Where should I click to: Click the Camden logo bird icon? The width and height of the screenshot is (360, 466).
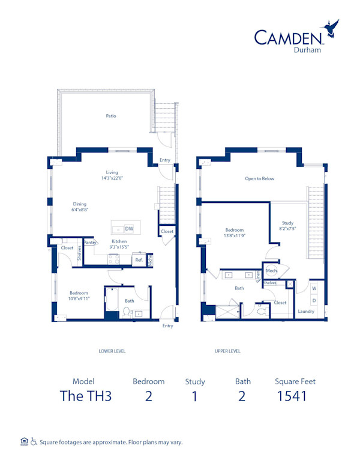point(331,28)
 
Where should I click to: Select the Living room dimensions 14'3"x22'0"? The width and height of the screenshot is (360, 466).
point(112,178)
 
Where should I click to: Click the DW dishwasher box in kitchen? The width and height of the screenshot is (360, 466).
point(129,229)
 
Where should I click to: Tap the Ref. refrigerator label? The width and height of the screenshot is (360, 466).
point(139,260)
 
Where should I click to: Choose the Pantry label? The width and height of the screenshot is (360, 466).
point(91,243)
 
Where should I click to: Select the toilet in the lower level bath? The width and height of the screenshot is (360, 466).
point(127,311)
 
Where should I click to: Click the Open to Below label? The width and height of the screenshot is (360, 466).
point(260,178)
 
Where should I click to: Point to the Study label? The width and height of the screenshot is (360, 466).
point(288,223)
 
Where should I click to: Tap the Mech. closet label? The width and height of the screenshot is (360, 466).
point(271,271)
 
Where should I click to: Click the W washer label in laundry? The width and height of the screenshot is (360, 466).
point(314,289)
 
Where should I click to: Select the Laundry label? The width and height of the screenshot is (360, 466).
point(306,312)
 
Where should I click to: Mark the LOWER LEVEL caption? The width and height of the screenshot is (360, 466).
point(112,351)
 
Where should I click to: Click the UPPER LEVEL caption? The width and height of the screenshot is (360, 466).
point(227,351)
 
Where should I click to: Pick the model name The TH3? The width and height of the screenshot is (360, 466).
point(86,395)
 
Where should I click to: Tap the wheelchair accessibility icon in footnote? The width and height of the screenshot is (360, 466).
point(34,442)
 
